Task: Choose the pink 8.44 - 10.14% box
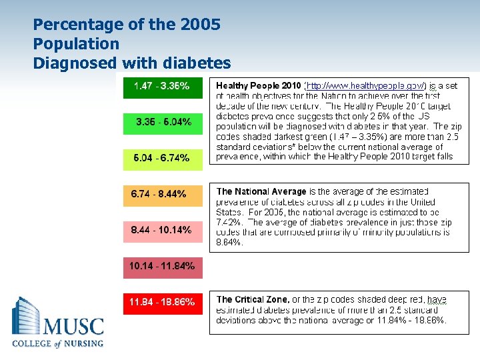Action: coord(162,230)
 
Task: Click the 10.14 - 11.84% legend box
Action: coord(162,266)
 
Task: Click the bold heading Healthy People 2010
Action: coord(258,86)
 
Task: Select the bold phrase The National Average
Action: coord(261,191)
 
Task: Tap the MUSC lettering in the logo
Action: coord(73,327)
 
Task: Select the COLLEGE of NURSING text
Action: coord(58,344)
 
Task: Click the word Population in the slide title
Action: coord(76,44)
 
